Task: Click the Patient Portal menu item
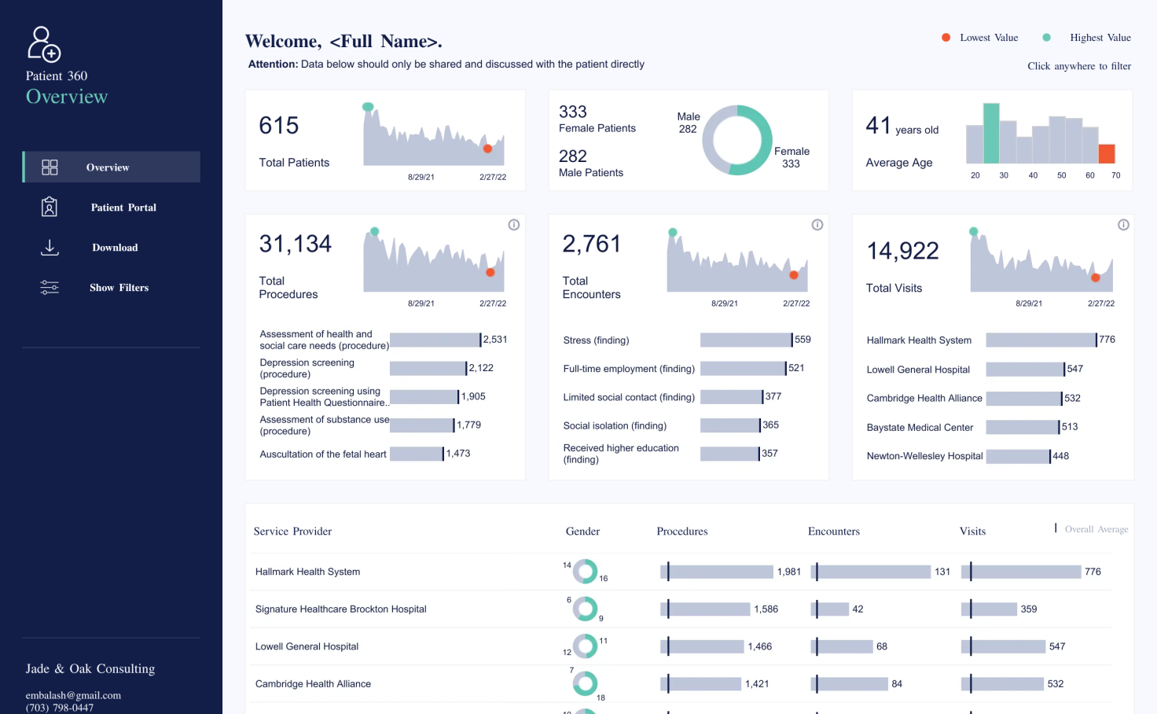pyautogui.click(x=111, y=207)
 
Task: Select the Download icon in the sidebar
pyautogui.click(x=50, y=248)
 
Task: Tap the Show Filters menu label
pyautogui.click(x=119, y=288)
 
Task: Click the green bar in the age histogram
pyautogui.click(x=991, y=134)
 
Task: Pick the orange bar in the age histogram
pyautogui.click(x=1107, y=154)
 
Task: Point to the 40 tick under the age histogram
pyautogui.click(x=1033, y=175)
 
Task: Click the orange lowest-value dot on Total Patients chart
pyautogui.click(x=487, y=149)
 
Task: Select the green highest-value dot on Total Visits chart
pyautogui.click(x=973, y=231)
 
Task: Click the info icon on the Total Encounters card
pyautogui.click(x=817, y=225)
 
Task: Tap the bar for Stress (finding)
pyautogui.click(x=746, y=340)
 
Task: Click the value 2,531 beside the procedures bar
pyautogui.click(x=495, y=340)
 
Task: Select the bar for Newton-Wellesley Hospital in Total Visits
pyautogui.click(x=1018, y=456)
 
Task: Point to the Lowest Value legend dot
pyautogui.click(x=946, y=37)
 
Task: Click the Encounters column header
pyautogui.click(x=834, y=531)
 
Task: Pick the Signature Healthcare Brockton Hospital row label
pyautogui.click(x=341, y=609)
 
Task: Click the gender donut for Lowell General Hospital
pyautogui.click(x=585, y=646)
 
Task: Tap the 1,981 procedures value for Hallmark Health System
pyautogui.click(x=788, y=572)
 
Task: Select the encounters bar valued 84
pyautogui.click(x=849, y=684)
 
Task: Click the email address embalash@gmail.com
pyautogui.click(x=73, y=695)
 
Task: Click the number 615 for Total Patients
pyautogui.click(x=278, y=126)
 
